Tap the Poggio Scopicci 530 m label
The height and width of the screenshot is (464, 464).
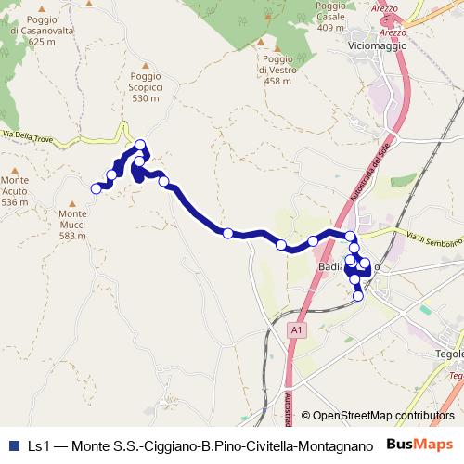click(x=146, y=87)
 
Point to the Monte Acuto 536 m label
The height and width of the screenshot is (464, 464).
click(x=15, y=190)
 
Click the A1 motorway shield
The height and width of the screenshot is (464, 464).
click(x=294, y=329)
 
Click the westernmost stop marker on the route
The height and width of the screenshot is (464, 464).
click(x=95, y=188)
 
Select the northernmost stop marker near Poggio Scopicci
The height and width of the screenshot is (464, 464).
click(x=140, y=145)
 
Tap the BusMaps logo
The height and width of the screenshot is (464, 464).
click(x=420, y=445)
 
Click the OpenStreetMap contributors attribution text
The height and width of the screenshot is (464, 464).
click(x=383, y=416)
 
